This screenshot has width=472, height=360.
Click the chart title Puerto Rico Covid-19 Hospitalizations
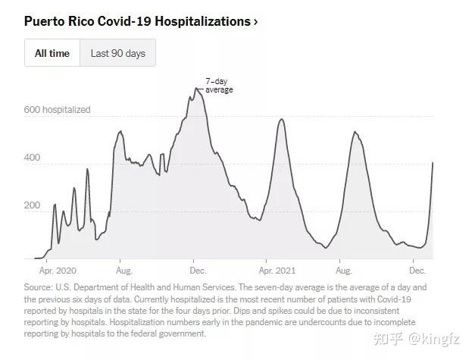(137, 21)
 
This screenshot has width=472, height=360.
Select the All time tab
(52, 53)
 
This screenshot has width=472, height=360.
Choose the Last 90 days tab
(118, 53)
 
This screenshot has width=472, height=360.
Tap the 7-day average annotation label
(219, 86)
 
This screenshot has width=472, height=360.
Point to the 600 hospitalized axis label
(57, 110)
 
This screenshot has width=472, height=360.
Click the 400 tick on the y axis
(32, 158)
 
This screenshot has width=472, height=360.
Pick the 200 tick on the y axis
(32, 205)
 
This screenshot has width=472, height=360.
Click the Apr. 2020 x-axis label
(58, 271)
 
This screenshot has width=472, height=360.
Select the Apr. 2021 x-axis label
(277, 271)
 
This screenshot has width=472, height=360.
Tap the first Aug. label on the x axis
(124, 271)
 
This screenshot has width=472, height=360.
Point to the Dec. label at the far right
(417, 271)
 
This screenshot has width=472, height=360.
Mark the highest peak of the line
(195, 88)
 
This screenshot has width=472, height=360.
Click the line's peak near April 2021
(282, 119)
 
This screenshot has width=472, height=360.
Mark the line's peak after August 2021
(355, 132)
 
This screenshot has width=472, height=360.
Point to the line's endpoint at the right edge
(433, 162)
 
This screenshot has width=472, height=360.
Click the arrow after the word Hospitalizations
(255, 22)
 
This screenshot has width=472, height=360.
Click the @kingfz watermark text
(434, 340)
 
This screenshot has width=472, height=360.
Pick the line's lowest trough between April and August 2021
(326, 248)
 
